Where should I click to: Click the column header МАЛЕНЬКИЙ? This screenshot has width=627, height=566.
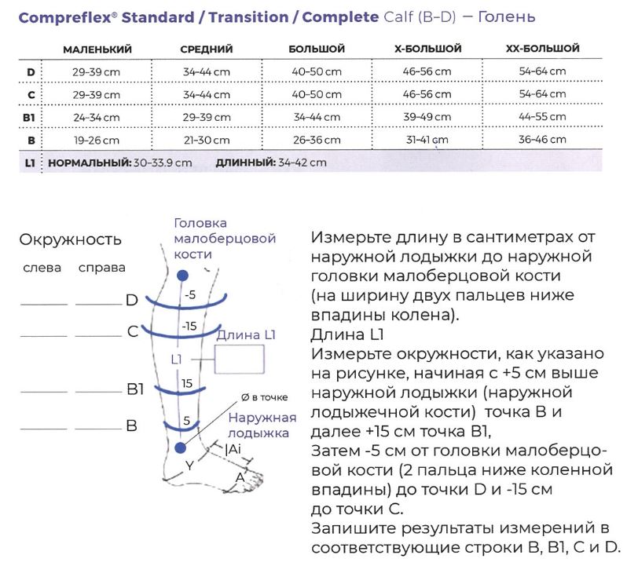point(97,49)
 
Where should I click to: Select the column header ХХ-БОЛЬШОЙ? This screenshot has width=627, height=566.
point(543,49)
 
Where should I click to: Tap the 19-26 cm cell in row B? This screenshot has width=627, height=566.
point(97,141)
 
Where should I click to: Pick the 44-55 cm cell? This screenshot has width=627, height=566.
point(542,117)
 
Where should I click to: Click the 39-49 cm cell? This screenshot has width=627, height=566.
point(427,117)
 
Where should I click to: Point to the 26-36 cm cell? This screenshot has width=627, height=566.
point(317,141)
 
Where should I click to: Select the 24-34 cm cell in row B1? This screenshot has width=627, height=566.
point(97,118)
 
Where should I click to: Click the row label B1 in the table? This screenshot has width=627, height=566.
point(29,118)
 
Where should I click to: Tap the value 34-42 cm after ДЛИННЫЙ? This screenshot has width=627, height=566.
point(302,162)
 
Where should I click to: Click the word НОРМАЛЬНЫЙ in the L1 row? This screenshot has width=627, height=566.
point(90,163)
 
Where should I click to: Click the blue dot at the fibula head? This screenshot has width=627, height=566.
point(182,276)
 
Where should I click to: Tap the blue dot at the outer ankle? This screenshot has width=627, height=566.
point(181,447)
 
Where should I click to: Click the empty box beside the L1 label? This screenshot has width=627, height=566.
point(240,360)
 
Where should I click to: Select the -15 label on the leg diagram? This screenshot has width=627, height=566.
point(189,327)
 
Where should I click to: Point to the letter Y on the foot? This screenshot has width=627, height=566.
point(189,466)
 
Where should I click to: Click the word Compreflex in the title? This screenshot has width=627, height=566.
point(65,18)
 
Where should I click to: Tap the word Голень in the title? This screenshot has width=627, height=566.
point(507,16)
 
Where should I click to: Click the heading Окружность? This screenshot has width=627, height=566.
point(71,239)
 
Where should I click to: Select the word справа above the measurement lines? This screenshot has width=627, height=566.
point(102,268)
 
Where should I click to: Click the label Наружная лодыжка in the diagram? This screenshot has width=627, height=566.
point(262,425)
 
